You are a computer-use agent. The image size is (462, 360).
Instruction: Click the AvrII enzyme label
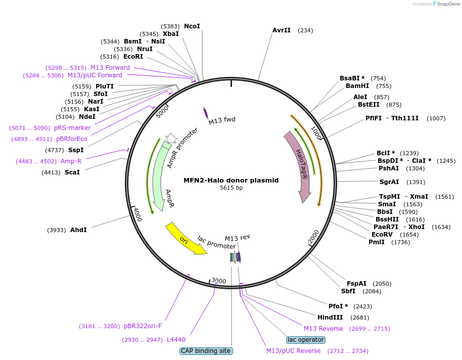click(x=282, y=30)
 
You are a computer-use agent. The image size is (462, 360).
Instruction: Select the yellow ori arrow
click(x=185, y=239)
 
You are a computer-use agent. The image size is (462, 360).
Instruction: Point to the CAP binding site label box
click(x=206, y=351)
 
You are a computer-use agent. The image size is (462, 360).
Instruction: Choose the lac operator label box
click(x=305, y=340)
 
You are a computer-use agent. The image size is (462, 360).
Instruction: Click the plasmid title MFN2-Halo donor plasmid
click(x=231, y=180)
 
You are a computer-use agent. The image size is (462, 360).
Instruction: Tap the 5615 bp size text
click(x=231, y=188)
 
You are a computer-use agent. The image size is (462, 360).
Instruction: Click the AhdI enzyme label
click(x=78, y=230)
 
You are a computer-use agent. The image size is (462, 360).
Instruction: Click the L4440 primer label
click(x=176, y=340)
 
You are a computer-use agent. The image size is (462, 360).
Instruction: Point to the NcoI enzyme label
click(x=192, y=26)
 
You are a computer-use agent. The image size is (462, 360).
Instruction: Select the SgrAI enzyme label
click(x=389, y=182)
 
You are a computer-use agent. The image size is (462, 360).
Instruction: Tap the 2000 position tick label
click(x=314, y=236)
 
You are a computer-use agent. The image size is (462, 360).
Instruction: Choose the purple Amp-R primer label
click(x=71, y=161)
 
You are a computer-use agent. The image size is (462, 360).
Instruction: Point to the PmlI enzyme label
click(x=377, y=242)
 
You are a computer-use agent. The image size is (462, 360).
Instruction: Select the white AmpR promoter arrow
click(x=171, y=138)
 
